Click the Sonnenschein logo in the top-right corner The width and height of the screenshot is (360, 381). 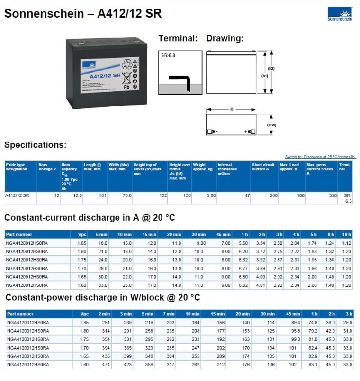340,14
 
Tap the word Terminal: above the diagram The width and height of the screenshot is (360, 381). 178,38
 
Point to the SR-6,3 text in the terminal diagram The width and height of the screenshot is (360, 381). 168,55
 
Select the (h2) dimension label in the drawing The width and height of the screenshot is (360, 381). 271,68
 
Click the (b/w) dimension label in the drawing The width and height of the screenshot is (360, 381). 271,125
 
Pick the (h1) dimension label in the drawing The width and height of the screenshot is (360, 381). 265,75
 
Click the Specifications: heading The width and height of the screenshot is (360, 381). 36,145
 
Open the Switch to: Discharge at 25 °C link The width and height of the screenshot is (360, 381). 320,157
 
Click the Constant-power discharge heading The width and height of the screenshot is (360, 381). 102,297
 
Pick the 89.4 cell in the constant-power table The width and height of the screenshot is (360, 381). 295,322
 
